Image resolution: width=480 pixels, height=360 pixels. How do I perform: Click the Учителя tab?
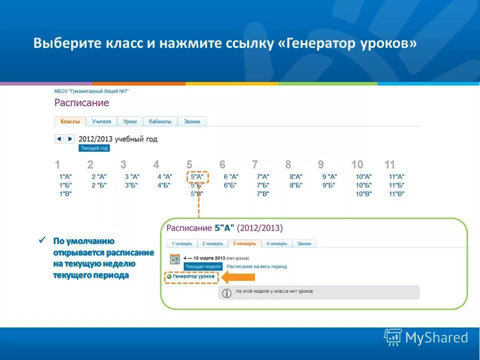coord(101,121)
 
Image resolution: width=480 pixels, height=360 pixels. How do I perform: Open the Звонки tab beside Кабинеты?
coord(192,121)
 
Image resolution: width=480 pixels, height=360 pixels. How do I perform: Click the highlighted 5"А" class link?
coord(197,176)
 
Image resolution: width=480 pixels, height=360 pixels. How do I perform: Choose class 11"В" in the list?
coord(396,194)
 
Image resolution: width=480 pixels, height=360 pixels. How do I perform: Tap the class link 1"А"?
coord(65,176)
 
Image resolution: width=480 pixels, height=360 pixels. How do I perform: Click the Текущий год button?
coord(94,148)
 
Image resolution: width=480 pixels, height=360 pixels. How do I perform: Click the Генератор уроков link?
coord(193,276)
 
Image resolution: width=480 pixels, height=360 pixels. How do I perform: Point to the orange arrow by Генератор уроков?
coord(238,276)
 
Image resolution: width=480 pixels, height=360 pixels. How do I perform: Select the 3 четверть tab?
coord(244,243)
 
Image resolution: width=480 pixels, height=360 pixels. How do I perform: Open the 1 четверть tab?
coord(182,243)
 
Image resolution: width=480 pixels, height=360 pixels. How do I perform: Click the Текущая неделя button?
coord(202,266)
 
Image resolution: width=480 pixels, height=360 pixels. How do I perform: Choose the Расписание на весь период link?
coord(256,266)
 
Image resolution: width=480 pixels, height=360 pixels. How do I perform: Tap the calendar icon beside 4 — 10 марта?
coord(175,259)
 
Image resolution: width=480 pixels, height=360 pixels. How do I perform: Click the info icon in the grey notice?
coord(226,293)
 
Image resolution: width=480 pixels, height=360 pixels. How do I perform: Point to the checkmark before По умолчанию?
coord(43,241)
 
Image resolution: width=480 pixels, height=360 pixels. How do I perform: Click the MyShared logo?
coord(426,337)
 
